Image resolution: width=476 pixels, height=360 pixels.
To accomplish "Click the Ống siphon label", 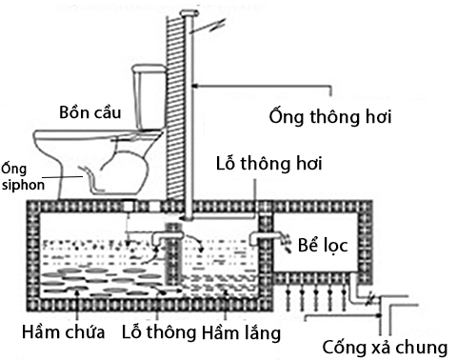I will coord(21,176).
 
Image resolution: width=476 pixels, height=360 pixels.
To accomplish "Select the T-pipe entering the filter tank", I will coord(265,237).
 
